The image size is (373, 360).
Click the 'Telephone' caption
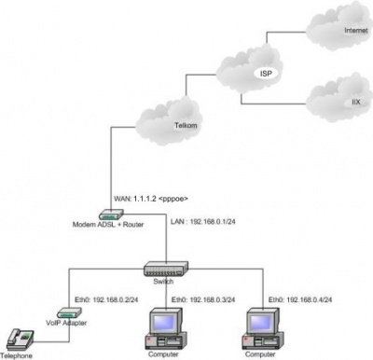(17, 355)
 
